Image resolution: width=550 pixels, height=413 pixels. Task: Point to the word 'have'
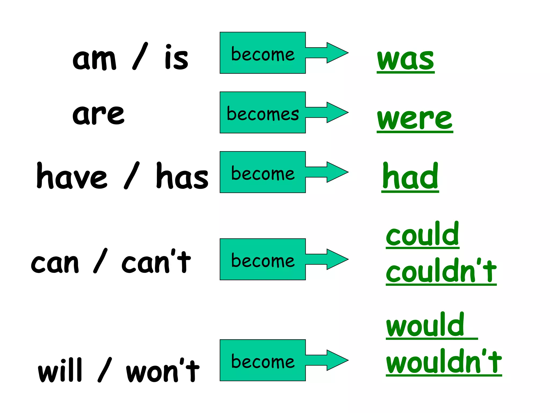[x=72, y=176]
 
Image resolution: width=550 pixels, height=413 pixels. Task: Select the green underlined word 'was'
[x=406, y=60]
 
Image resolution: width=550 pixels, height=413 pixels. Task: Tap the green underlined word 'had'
[x=410, y=177]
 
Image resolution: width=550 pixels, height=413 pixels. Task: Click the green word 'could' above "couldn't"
[x=422, y=234]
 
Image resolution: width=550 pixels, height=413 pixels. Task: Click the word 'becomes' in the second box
[x=263, y=114]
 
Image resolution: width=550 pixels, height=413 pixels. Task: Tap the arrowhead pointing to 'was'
[x=337, y=53]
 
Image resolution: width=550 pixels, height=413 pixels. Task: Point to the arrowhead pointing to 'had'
[x=337, y=172]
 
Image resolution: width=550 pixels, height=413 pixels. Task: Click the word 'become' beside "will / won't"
[x=263, y=362]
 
